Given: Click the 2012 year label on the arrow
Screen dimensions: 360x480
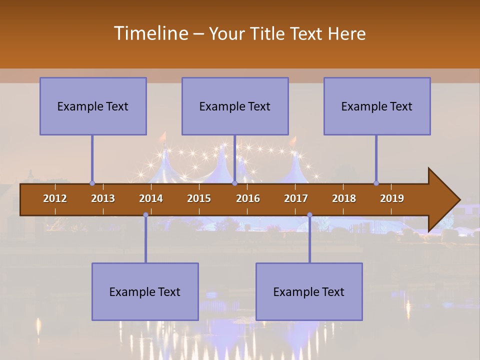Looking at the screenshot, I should (x=55, y=198).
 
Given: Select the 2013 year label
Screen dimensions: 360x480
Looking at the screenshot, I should (x=103, y=198).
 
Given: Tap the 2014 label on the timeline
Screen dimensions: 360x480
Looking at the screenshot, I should (x=151, y=198).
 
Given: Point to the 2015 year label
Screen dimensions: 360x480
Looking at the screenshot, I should (x=199, y=198).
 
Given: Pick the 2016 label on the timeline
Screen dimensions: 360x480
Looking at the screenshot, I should (x=248, y=198).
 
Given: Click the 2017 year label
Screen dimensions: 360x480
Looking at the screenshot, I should (x=296, y=198).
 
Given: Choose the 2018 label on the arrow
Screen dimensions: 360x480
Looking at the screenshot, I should (x=344, y=198).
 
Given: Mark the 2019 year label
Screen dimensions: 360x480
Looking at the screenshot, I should (x=392, y=198).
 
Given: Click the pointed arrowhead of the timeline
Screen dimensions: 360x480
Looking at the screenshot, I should (x=445, y=199).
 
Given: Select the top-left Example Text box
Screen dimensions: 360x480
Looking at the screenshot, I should (x=93, y=106).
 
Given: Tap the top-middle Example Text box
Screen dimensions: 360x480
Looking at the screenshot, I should (x=235, y=106).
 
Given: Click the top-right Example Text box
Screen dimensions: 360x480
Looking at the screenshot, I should (x=377, y=106).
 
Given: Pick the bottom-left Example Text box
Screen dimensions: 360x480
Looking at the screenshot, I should (x=145, y=291).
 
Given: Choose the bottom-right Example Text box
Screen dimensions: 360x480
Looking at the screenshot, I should (x=309, y=291).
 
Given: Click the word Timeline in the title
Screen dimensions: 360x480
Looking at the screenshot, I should (x=150, y=33).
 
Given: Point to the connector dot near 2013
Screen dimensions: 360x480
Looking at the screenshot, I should (x=92, y=183).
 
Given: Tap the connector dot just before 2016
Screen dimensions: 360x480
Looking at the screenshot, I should (x=234, y=183).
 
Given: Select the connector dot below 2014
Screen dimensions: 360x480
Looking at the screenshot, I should (x=145, y=215).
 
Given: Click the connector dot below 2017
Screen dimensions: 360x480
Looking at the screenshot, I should (x=309, y=215).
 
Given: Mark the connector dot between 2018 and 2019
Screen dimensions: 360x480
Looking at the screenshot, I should (x=376, y=183).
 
